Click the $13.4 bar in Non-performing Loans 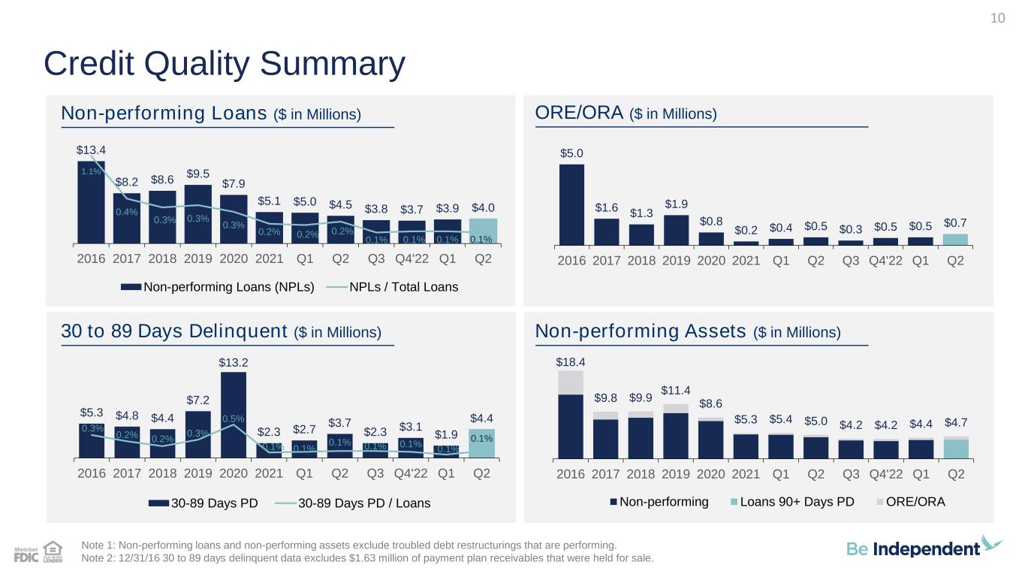click(91, 202)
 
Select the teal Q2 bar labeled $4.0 click(484, 231)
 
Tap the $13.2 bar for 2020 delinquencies click(234, 415)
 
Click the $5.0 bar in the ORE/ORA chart click(571, 204)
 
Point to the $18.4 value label click(570, 362)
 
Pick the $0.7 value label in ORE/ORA click(955, 223)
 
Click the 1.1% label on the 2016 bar click(91, 171)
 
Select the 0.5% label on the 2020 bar click(234, 418)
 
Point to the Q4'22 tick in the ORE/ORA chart click(885, 261)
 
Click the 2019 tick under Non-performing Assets click(675, 473)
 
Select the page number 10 click(997, 18)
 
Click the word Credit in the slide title click(89, 63)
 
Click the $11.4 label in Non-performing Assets click(675, 390)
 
